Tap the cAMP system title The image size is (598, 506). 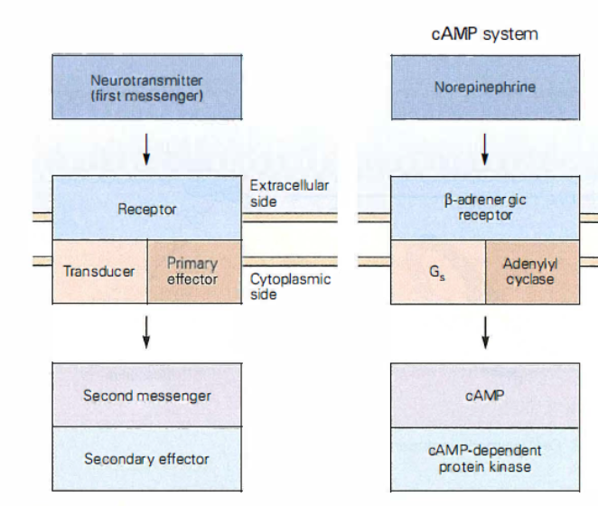tap(486, 34)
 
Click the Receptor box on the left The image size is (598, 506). tap(146, 209)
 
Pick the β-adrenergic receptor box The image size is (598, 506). tap(486, 209)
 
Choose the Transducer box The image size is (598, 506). tap(99, 271)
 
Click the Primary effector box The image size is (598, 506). tap(193, 271)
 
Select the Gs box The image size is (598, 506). tap(438, 271)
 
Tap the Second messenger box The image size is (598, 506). tap(146, 395)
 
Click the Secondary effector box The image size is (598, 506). tap(146, 458)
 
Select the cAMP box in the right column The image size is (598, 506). tap(486, 395)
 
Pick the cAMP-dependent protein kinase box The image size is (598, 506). tap(486, 458)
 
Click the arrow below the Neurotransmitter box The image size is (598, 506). tap(146, 149)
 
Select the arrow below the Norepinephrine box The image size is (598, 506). tap(486, 149)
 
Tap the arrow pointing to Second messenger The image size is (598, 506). tap(146, 332)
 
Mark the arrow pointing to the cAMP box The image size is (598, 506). tap(486, 332)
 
